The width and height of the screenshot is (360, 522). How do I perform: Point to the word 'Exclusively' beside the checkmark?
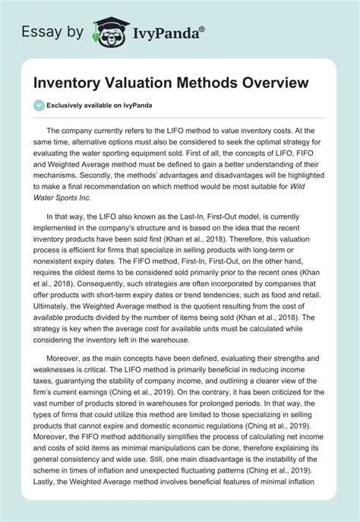(x=72, y=105)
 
